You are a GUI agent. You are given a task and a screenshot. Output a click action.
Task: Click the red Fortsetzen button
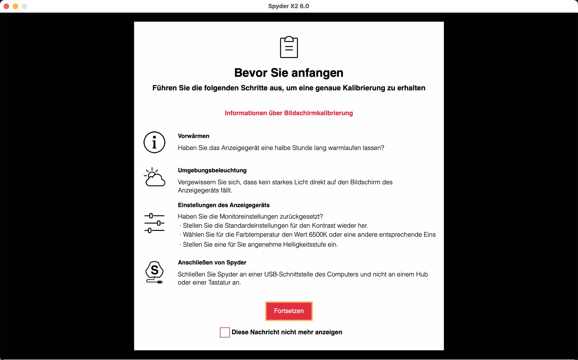pyautogui.click(x=289, y=311)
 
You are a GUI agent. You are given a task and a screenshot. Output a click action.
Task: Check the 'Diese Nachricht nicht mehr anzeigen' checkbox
pyautogui.click(x=225, y=332)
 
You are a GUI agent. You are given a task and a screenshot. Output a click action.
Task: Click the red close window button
pyautogui.click(x=6, y=6)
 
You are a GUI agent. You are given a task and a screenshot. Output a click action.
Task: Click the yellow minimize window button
pyautogui.click(x=15, y=6)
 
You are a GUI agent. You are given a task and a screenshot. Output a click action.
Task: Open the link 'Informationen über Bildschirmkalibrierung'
pyautogui.click(x=289, y=113)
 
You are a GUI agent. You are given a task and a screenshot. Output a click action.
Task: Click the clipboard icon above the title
pyautogui.click(x=289, y=47)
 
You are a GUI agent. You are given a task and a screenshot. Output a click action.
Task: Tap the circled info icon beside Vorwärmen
pyautogui.click(x=154, y=142)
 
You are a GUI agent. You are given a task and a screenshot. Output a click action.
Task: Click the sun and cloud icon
pyautogui.click(x=154, y=177)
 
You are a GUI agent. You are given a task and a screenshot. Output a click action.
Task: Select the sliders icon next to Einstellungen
pyautogui.click(x=154, y=223)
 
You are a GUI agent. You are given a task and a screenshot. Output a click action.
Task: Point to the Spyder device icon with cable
pyautogui.click(x=154, y=272)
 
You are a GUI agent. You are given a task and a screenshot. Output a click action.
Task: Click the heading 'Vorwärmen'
pyautogui.click(x=194, y=136)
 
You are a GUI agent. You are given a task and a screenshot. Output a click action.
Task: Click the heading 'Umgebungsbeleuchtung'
pyautogui.click(x=212, y=170)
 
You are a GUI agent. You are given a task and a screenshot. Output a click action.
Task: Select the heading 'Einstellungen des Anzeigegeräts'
pyautogui.click(x=224, y=205)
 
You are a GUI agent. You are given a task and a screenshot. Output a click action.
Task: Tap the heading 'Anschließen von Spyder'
pyautogui.click(x=212, y=262)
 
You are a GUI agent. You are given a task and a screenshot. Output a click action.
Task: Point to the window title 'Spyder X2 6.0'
pyautogui.click(x=288, y=6)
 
